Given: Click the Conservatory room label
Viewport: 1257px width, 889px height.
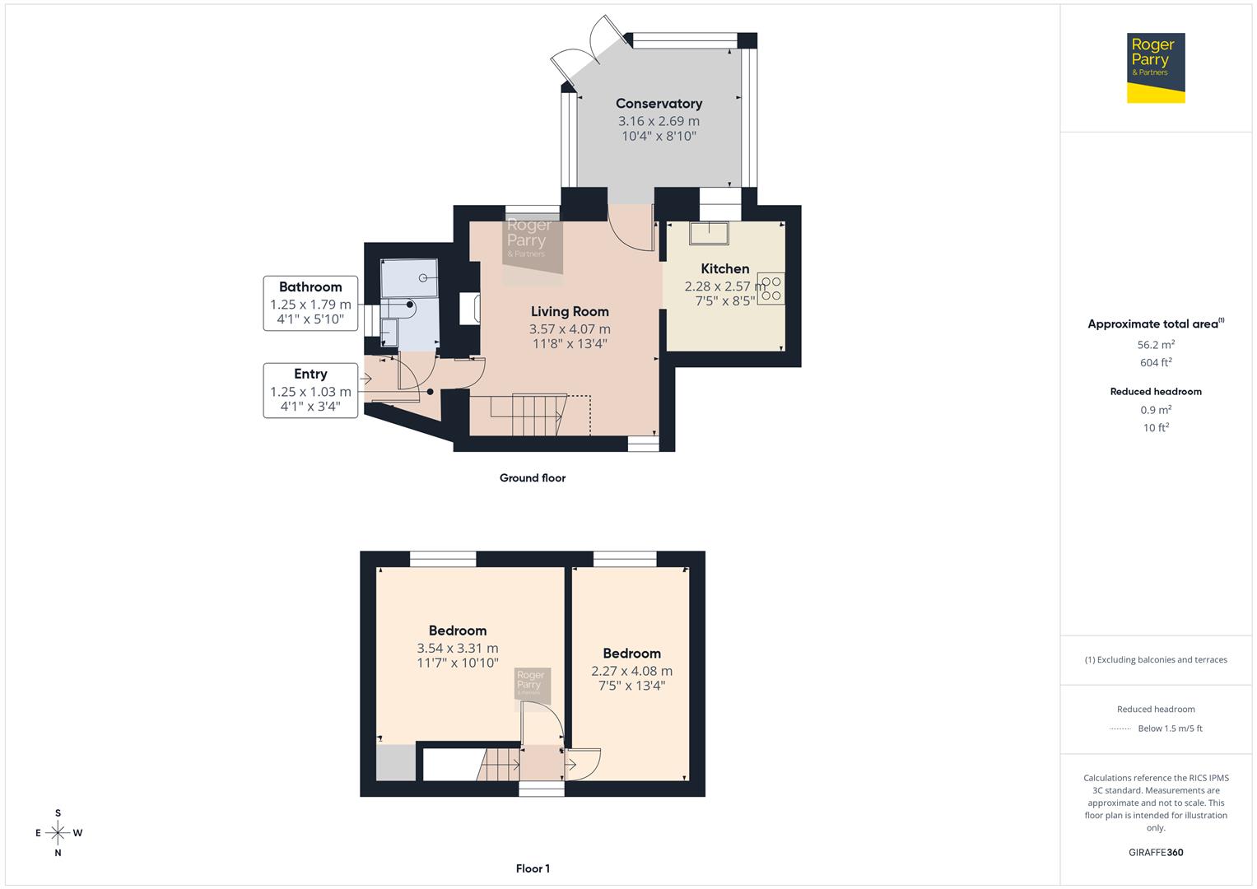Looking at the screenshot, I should (x=659, y=104).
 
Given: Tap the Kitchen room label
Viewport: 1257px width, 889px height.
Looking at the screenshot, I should (x=724, y=268).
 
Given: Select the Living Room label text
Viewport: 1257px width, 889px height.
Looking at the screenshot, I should (x=570, y=311).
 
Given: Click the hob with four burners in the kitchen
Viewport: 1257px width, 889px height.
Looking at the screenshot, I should (x=771, y=289).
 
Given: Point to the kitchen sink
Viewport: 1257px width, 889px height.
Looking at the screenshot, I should (x=709, y=234).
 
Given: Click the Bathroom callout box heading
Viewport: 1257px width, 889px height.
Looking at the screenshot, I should (x=310, y=287).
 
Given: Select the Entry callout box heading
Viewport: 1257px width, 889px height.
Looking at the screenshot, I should (x=310, y=375).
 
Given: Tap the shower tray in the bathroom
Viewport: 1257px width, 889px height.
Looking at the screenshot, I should (x=409, y=277).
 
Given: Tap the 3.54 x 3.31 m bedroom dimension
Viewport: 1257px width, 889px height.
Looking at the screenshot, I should (x=457, y=649).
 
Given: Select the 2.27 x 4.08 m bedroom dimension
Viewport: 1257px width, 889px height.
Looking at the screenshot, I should (x=631, y=671).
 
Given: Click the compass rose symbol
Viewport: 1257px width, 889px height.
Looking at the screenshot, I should (x=58, y=833).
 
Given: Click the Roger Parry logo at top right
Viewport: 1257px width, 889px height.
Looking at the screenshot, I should (x=1155, y=67).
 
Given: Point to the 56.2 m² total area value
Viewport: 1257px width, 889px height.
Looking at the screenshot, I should (x=1156, y=345).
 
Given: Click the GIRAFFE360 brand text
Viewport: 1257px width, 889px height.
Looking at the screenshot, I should (x=1156, y=852).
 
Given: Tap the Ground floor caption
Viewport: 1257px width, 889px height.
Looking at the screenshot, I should (x=532, y=478).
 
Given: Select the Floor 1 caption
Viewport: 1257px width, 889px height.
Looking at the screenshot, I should (x=533, y=868).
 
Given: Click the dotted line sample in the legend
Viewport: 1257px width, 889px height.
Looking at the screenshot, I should (x=1120, y=728).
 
